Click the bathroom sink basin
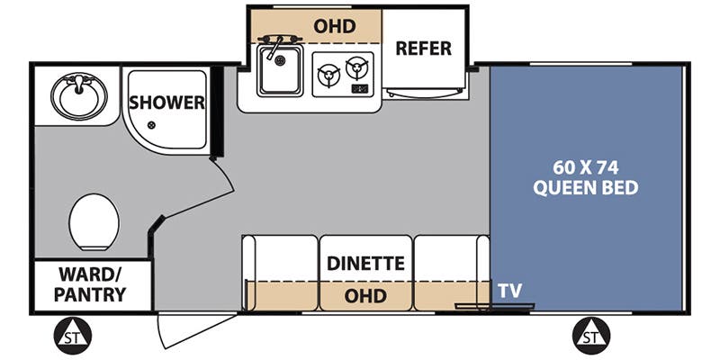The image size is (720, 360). click(78, 95)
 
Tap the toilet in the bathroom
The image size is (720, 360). click(94, 222)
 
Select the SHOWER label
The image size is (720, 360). click(166, 103)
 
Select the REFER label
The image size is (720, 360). click(423, 48)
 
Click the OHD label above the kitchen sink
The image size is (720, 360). click(335, 25)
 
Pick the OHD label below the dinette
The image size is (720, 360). click(366, 296)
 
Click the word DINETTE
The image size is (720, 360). click(365, 264)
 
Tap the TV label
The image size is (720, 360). click(512, 291)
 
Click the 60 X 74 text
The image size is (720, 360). click(587, 167)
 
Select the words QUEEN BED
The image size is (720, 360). click(587, 188)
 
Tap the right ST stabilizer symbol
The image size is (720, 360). click(589, 337)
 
